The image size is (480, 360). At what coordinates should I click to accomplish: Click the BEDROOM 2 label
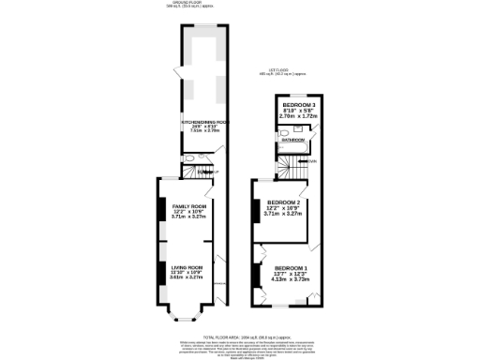point(283,202)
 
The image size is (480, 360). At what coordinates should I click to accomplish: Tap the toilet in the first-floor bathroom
point(281,147)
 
